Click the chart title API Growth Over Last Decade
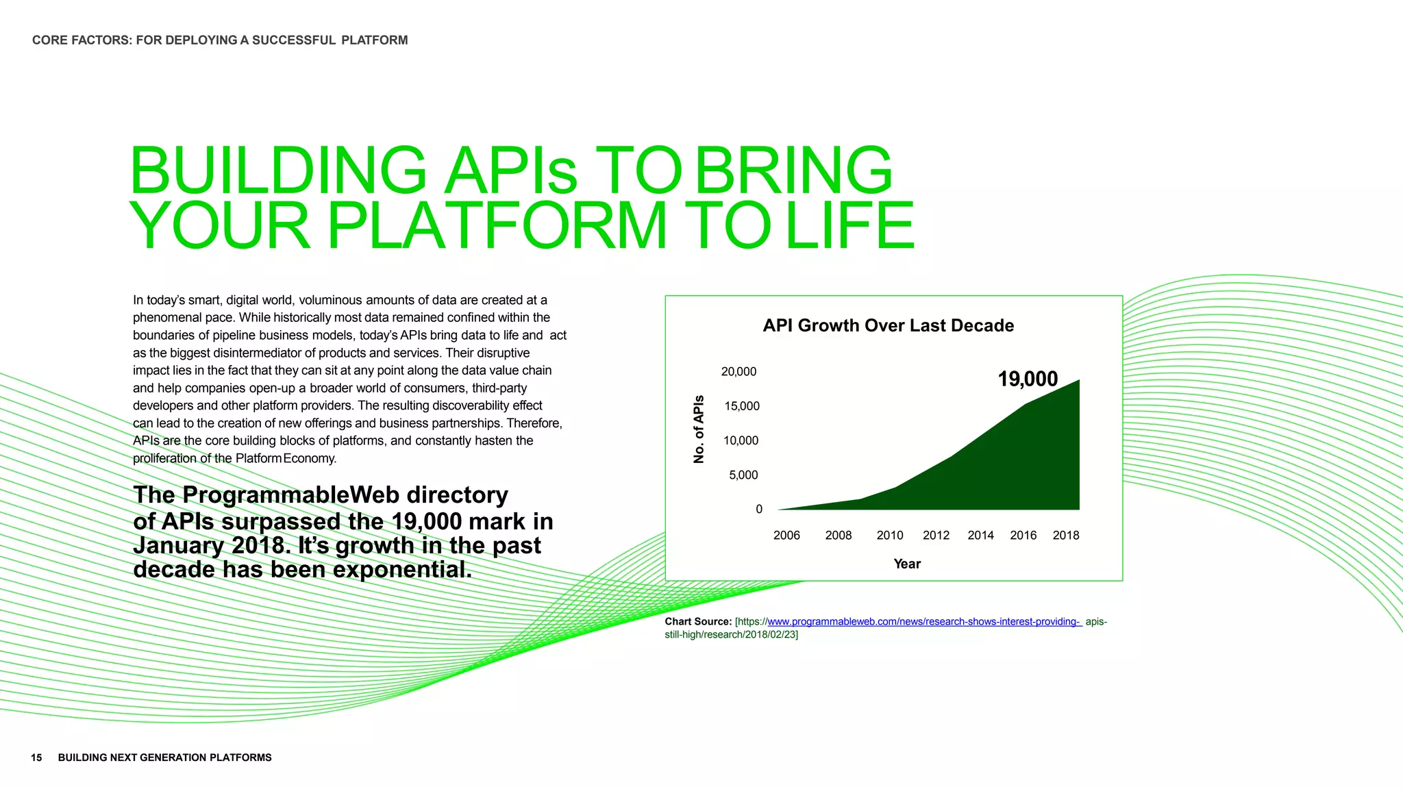click(888, 325)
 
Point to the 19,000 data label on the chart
click(1027, 379)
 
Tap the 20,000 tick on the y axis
click(738, 371)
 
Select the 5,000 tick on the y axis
click(743, 475)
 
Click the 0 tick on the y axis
click(758, 509)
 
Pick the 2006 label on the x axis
click(786, 535)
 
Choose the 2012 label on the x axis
click(936, 535)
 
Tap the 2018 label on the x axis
click(1065, 535)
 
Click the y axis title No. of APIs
click(699, 429)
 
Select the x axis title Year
click(906, 564)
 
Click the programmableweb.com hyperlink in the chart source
click(923, 621)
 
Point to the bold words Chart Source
click(697, 621)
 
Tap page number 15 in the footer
click(36, 757)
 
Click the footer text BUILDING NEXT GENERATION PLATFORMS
click(164, 757)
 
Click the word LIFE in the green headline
click(849, 226)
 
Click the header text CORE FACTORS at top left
click(82, 40)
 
